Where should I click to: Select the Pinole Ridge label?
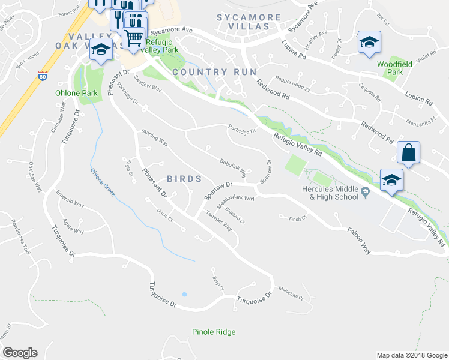pyautogui.click(x=214, y=332)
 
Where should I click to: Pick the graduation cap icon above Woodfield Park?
pyautogui.click(x=369, y=42)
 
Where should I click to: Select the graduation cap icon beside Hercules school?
pyautogui.click(x=391, y=180)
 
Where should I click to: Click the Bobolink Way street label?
pyautogui.click(x=233, y=169)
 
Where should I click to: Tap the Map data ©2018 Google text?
pyautogui.click(x=412, y=355)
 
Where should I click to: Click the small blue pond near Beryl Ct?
pyautogui.click(x=184, y=295)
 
